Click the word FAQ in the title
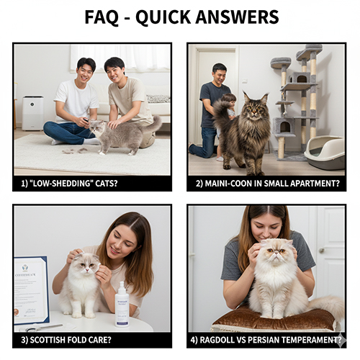pos(106,17)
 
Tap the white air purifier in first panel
pos(32,112)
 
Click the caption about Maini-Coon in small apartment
pos(267,184)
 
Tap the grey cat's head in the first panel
pos(97,130)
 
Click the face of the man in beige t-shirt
pos(114,71)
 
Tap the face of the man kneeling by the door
pos(219,74)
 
